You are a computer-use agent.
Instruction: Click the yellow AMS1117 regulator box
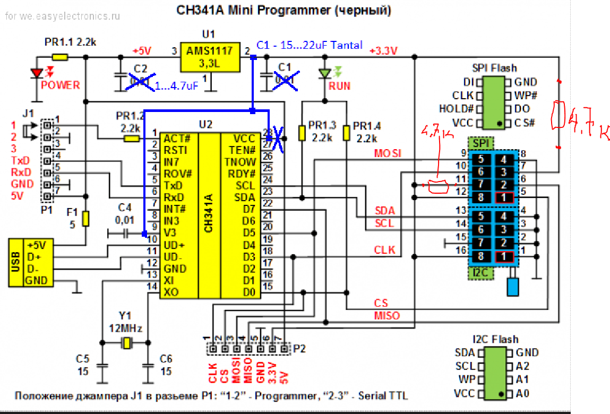click(209, 57)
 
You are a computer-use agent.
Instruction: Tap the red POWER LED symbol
click(37, 74)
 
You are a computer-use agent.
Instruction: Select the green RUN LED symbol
click(324, 74)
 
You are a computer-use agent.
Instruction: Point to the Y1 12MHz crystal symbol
click(126, 343)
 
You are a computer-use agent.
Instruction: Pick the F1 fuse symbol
click(86, 218)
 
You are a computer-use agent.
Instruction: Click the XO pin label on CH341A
click(171, 291)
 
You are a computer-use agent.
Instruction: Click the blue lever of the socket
click(513, 287)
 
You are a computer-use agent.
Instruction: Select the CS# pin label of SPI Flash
click(525, 123)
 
